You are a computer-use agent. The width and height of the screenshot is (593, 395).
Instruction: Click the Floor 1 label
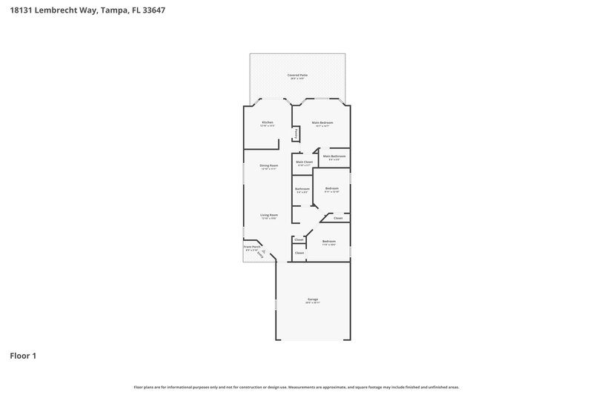click(x=23, y=356)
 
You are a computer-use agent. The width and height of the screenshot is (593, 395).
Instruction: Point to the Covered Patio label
click(x=297, y=75)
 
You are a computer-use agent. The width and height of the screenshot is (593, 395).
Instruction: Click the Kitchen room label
click(x=268, y=122)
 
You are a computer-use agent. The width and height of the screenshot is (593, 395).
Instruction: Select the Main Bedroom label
click(x=322, y=122)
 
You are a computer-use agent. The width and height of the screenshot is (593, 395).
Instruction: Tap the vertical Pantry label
click(x=296, y=134)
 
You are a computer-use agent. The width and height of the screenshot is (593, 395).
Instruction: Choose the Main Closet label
click(x=304, y=162)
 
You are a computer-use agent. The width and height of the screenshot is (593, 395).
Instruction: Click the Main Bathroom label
click(x=334, y=156)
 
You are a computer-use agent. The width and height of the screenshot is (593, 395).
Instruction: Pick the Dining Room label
click(x=268, y=165)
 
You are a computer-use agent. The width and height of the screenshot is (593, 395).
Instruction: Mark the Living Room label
click(x=268, y=215)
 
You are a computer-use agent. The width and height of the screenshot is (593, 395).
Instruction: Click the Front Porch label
click(x=252, y=247)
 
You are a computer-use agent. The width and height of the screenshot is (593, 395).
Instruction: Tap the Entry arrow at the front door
click(x=260, y=254)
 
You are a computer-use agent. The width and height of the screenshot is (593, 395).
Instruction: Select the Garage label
click(x=312, y=299)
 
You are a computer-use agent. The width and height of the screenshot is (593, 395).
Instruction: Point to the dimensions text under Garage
click(x=312, y=302)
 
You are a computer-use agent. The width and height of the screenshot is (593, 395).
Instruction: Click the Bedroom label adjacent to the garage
click(x=328, y=241)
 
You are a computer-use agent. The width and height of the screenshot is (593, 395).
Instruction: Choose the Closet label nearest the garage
click(x=299, y=253)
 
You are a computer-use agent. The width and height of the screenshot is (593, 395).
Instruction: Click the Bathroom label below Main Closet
click(x=302, y=188)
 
